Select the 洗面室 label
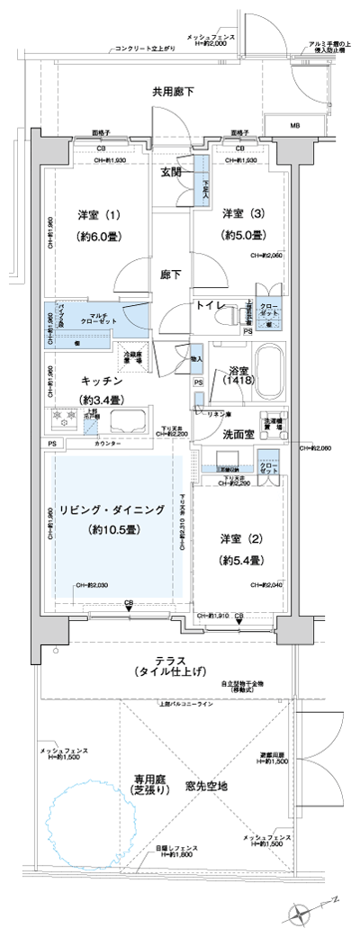tap(236, 434)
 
